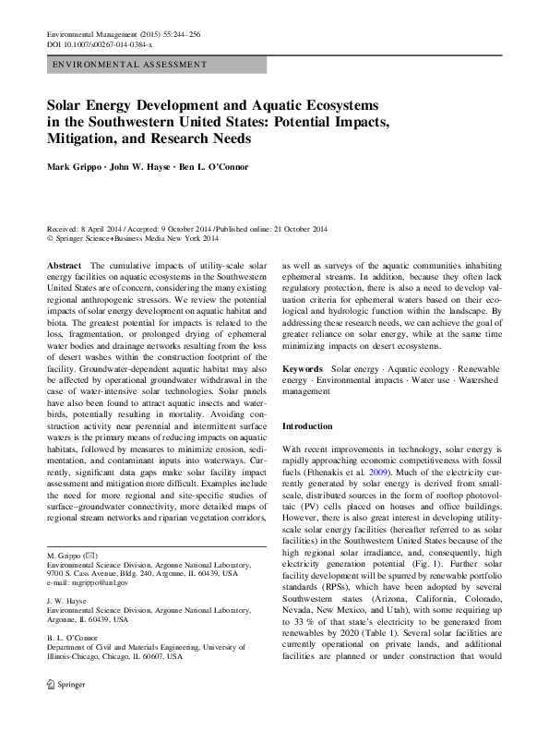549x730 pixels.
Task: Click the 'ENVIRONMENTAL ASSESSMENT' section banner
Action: click(x=129, y=65)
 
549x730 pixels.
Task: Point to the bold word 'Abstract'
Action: click(x=63, y=265)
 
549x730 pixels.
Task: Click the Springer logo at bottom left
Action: click(x=66, y=712)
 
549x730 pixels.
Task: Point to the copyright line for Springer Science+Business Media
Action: click(x=133, y=238)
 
